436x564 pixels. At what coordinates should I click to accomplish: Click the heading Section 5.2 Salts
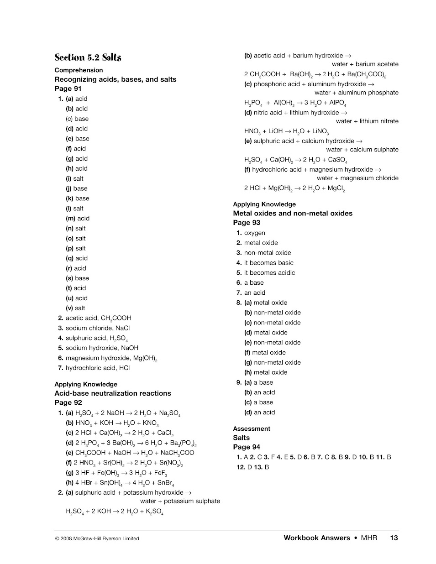88,57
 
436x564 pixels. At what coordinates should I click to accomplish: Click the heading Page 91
68,89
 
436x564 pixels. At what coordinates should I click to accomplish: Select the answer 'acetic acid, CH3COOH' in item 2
98,318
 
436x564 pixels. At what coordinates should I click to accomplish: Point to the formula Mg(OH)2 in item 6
143,358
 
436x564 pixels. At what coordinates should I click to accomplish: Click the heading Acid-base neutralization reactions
113,393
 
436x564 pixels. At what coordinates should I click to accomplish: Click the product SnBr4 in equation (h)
166,483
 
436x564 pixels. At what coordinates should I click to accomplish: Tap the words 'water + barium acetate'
365,64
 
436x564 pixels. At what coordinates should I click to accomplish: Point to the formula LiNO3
320,131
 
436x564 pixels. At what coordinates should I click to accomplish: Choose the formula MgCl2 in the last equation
336,188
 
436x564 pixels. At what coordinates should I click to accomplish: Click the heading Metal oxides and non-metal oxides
293,213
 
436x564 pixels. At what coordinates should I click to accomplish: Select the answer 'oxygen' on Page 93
255,233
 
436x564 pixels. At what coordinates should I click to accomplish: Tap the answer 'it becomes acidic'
269,273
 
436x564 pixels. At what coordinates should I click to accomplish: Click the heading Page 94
247,447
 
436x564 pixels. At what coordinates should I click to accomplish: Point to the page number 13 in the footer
394,538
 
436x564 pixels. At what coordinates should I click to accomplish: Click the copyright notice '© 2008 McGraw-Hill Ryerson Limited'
97,538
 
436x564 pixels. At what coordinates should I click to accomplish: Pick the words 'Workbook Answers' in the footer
317,538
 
